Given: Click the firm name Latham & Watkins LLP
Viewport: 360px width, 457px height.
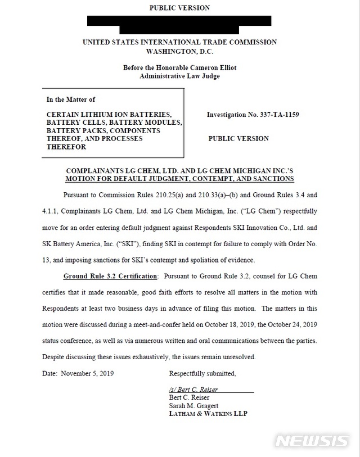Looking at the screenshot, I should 208,414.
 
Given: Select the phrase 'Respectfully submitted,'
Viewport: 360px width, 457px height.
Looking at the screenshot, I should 202,373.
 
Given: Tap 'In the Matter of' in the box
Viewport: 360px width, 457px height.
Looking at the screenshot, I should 71,99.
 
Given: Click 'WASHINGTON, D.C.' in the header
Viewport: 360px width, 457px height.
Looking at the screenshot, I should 179,51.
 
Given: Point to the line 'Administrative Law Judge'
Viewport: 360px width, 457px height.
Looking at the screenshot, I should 179,76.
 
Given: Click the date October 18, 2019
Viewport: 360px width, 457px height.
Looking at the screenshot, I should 245,325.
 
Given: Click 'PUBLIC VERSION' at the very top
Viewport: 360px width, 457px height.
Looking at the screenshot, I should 179,8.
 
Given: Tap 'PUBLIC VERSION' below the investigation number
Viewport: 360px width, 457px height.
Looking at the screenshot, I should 238,138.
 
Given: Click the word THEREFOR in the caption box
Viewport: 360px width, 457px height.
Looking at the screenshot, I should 66,147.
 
